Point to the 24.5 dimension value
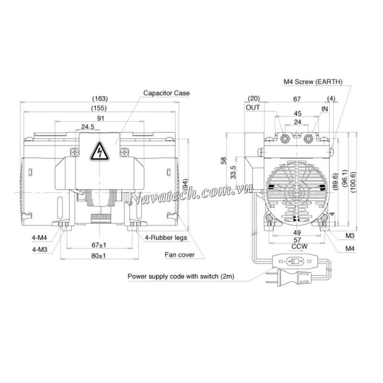tap(87, 127)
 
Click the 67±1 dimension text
tap(99, 245)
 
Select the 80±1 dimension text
tap(99, 256)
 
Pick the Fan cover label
tap(180, 255)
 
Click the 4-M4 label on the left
tap(39, 237)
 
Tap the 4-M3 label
tap(39, 249)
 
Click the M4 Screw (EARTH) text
tap(313, 82)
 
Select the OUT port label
tap(253, 108)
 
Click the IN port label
tap(325, 109)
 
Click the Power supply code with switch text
tap(180, 277)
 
